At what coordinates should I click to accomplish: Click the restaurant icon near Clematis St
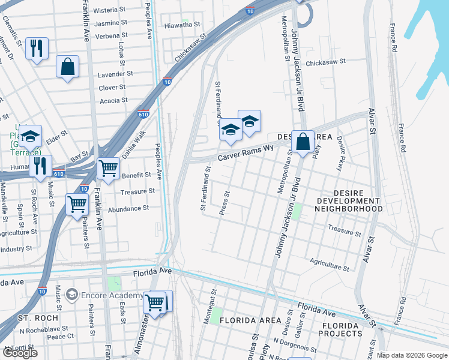click(37, 49)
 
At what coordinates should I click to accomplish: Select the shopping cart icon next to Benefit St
click(108, 168)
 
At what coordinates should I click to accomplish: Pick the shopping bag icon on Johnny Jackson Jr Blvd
click(303, 142)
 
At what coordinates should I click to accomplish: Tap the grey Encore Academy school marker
click(72, 295)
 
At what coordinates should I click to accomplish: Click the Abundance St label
click(128, 208)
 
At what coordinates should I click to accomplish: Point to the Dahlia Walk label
click(135, 144)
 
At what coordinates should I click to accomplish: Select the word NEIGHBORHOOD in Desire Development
click(349, 209)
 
